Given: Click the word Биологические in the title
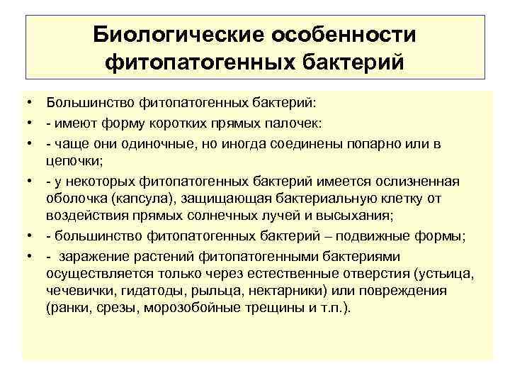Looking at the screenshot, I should pos(168,35).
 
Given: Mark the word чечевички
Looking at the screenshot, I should pos(76,291).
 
